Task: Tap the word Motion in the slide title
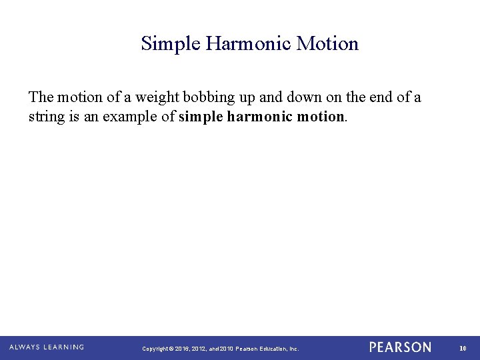click(327, 44)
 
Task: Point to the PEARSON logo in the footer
click(400, 347)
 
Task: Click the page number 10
click(463, 348)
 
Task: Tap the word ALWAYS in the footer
click(25, 347)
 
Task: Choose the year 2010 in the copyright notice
click(225, 349)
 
